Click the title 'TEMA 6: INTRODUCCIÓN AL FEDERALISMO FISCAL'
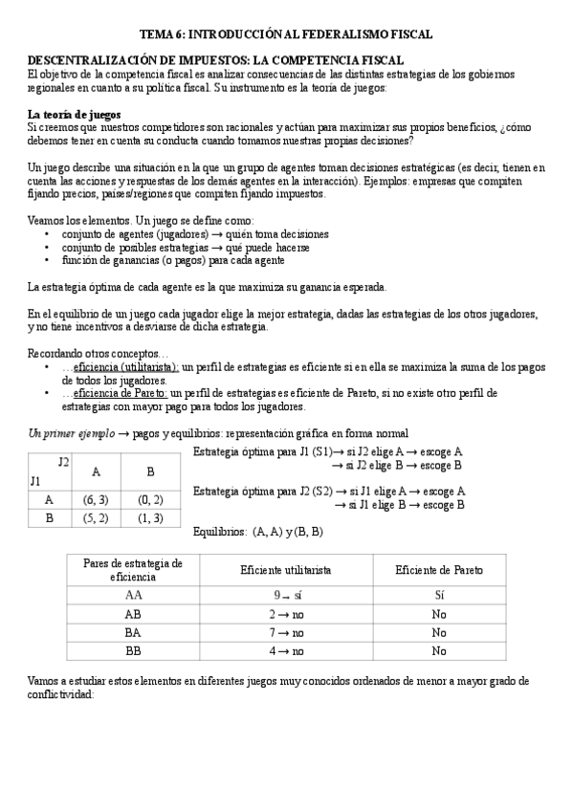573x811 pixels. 286,33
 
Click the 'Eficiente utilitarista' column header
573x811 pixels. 285,570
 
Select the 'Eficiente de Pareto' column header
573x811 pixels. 439,570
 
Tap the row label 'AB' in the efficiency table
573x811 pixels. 133,613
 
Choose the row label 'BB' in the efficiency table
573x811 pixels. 133,651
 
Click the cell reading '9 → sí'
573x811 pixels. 285,595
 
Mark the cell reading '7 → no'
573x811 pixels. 285,632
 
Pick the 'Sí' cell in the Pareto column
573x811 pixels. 439,595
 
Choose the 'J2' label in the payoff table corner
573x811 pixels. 62,462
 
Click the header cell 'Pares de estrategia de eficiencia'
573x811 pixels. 133,570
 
